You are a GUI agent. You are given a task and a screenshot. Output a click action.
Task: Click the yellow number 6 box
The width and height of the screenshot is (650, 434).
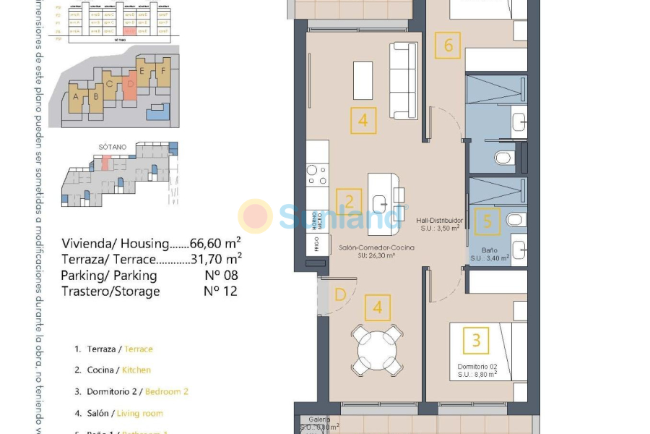tap(448, 46)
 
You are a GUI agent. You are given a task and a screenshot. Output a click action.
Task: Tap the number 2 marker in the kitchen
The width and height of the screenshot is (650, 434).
tap(349, 202)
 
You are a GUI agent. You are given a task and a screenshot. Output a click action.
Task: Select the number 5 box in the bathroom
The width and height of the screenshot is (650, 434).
tap(487, 221)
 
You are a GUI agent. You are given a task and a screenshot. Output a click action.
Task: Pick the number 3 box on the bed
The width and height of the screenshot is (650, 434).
tap(476, 339)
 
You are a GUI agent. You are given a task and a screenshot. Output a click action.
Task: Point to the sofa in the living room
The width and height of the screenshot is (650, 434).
tap(404, 80)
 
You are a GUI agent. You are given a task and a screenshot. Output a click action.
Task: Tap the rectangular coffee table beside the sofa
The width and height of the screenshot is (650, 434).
tap(363, 80)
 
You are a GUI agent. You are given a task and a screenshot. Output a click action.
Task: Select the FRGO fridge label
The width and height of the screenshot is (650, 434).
tap(316, 245)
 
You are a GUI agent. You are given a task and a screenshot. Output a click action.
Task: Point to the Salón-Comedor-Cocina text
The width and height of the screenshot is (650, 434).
tap(376, 248)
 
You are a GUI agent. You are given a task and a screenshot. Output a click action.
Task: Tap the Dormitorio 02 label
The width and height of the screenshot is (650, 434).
tap(477, 367)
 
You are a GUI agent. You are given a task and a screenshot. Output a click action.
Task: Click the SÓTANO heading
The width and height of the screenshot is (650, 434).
tap(112, 147)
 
